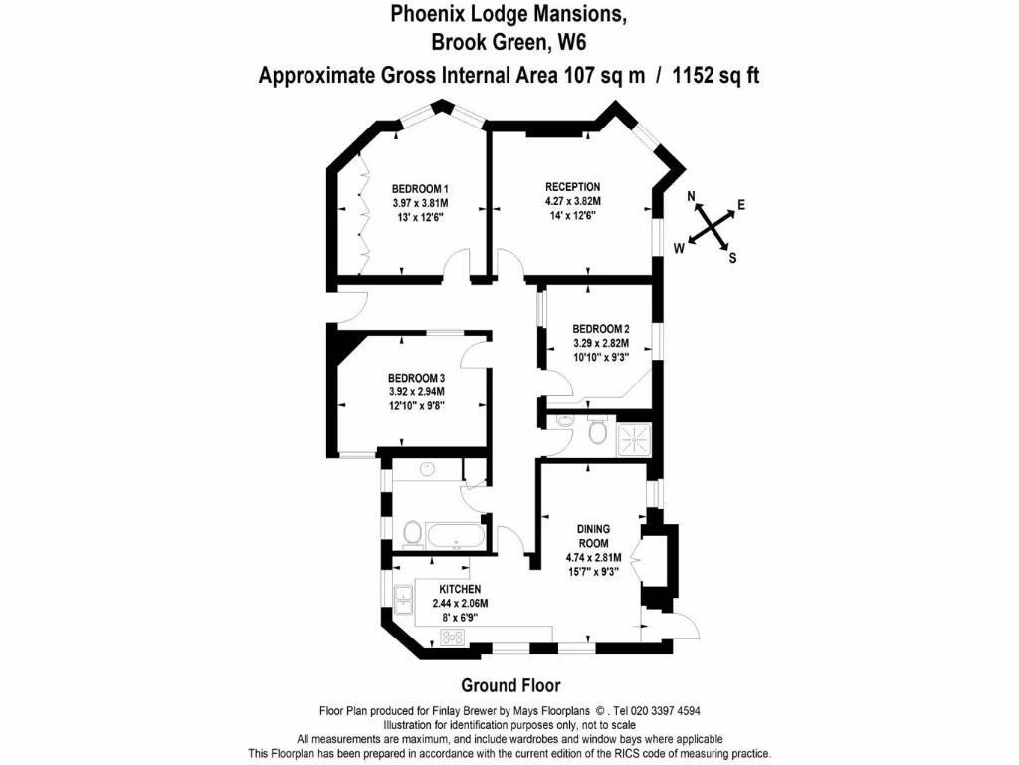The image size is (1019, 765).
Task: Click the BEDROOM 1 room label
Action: pyautogui.click(x=419, y=189)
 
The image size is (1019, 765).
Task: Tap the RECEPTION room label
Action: pyautogui.click(x=572, y=186)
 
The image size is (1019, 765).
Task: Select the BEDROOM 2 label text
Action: pyautogui.click(x=600, y=329)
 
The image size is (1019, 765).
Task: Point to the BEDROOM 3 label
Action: pyautogui.click(x=416, y=378)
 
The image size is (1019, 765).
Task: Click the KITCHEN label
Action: pyautogui.click(x=460, y=590)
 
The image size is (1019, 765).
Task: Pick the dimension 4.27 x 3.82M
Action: pyautogui.click(x=572, y=201)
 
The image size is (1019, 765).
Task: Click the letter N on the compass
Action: pyautogui.click(x=693, y=198)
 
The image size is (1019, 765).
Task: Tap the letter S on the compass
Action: pyautogui.click(x=733, y=259)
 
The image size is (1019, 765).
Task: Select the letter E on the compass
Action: pyautogui.click(x=741, y=205)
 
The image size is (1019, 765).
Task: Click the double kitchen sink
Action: pyautogui.click(x=405, y=601)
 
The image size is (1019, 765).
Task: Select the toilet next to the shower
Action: pyautogui.click(x=598, y=433)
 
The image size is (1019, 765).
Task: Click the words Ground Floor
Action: pyautogui.click(x=510, y=685)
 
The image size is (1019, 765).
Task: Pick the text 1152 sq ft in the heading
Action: pyautogui.click(x=715, y=75)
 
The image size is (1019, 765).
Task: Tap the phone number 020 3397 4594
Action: pyautogui.click(x=654, y=711)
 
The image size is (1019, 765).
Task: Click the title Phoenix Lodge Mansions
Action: pyautogui.click(x=509, y=14)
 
